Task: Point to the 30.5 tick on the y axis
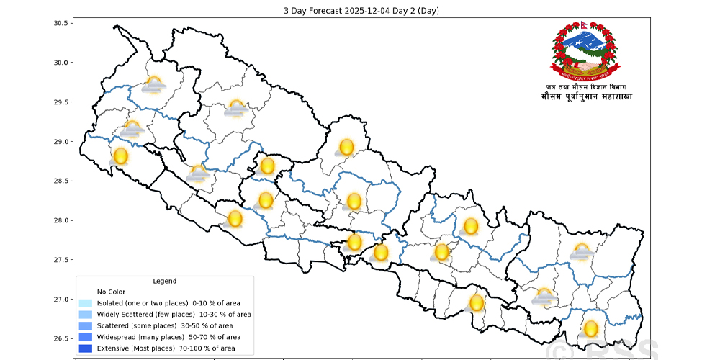click(60, 23)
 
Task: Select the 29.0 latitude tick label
click(60, 142)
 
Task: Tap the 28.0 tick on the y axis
click(60, 220)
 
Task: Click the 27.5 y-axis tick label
click(60, 260)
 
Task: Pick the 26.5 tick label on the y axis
click(60, 338)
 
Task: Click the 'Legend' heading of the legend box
click(165, 281)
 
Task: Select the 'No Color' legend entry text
click(112, 292)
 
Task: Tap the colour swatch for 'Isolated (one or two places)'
click(86, 303)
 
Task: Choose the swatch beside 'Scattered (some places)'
click(86, 326)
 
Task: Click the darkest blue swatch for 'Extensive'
click(86, 348)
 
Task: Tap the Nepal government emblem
click(584, 50)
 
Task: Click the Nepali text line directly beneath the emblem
click(585, 87)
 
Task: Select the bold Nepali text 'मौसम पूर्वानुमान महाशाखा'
click(585, 97)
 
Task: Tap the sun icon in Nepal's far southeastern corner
click(591, 330)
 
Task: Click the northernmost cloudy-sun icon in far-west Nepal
click(153, 85)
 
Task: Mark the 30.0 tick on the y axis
click(60, 63)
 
